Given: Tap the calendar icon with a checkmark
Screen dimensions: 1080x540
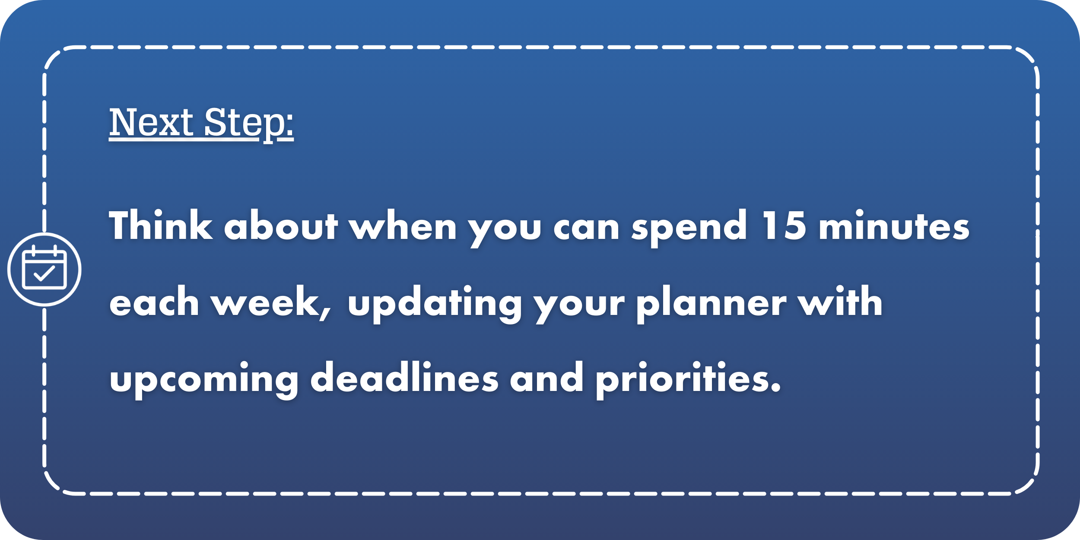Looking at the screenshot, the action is click(44, 270).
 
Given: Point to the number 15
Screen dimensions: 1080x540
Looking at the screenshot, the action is click(784, 225).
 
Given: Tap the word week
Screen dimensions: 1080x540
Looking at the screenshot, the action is click(270, 301).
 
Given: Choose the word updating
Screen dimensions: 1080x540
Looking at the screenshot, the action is click(435, 304).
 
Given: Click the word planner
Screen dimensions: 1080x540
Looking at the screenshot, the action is click(711, 304).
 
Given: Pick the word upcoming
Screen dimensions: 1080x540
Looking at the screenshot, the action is click(203, 380).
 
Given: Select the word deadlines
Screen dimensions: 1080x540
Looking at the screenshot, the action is click(405, 377).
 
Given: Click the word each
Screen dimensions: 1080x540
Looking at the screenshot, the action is click(154, 301).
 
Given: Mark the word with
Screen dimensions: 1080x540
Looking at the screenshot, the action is click(840, 301).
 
